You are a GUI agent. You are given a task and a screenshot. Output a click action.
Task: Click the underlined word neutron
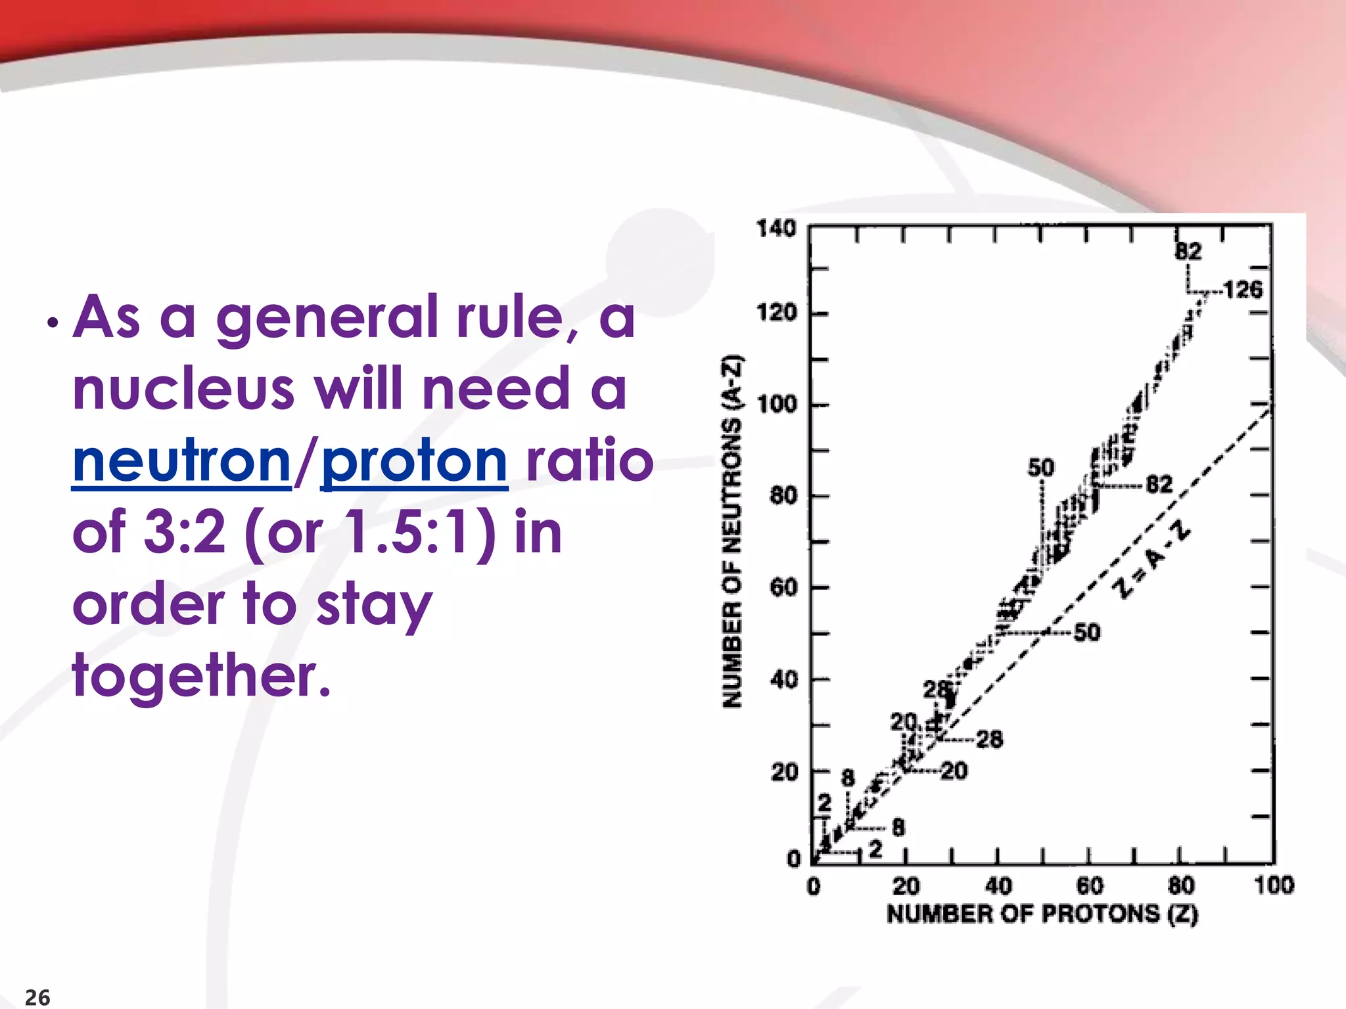click(x=181, y=462)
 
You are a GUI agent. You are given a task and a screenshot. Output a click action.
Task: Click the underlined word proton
click(x=414, y=462)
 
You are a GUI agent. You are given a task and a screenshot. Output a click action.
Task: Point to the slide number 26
click(x=37, y=997)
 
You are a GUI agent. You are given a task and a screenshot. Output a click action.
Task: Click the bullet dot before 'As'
click(x=53, y=324)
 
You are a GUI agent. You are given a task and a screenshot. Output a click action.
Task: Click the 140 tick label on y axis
click(x=776, y=229)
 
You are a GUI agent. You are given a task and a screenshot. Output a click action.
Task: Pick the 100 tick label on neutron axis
click(x=776, y=404)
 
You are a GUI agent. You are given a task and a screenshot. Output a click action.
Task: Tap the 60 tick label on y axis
click(x=783, y=587)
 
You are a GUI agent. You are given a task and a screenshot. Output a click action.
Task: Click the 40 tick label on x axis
click(x=998, y=886)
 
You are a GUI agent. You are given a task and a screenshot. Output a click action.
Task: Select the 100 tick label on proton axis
click(x=1274, y=885)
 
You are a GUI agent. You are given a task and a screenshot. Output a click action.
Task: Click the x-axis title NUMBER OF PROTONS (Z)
click(x=1042, y=914)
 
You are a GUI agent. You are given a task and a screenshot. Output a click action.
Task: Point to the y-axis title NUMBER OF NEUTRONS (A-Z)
click(x=731, y=531)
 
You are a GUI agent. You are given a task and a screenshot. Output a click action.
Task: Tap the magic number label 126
click(x=1243, y=290)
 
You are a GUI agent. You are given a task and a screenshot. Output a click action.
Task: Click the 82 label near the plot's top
click(x=1188, y=251)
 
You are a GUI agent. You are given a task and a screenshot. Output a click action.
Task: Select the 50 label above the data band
click(x=1041, y=468)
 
